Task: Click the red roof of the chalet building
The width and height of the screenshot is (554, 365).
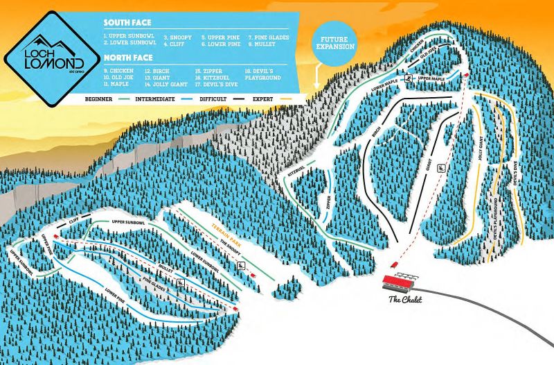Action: (400, 281)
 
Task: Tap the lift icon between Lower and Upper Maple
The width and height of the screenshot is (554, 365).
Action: (410, 79)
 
